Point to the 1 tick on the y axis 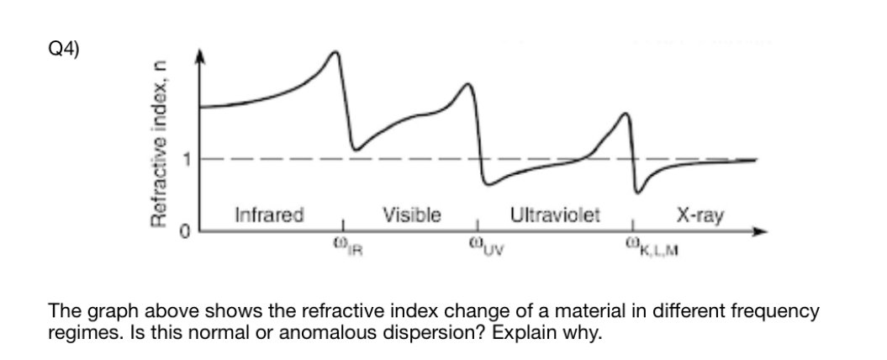point(190,158)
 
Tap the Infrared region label point(269,214)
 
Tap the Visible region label point(411,214)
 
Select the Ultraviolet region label point(555,214)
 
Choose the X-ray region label point(702,214)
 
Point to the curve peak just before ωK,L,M point(624,114)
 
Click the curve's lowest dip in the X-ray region point(639,193)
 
